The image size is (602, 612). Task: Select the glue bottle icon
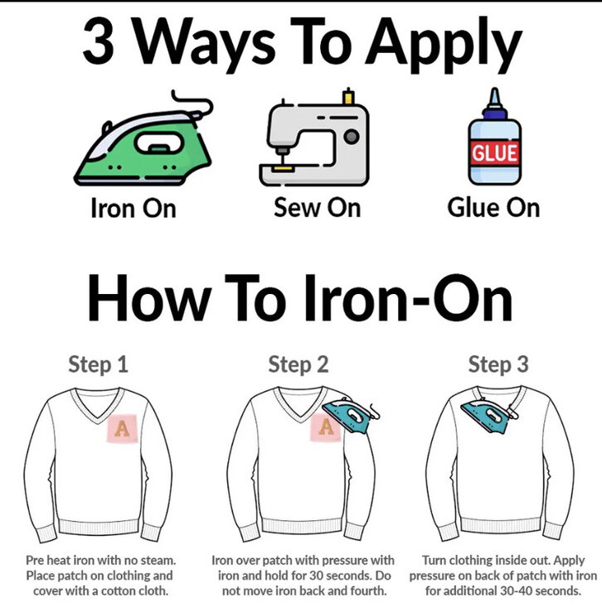point(494,137)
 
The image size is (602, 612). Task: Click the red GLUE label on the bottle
point(495,152)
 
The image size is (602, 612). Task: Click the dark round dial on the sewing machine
point(352,137)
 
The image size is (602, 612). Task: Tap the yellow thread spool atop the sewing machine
point(348,96)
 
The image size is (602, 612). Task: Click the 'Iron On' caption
point(134,208)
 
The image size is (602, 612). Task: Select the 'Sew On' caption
point(317,207)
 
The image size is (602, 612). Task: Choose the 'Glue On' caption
point(493,207)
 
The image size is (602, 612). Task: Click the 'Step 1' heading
point(98,364)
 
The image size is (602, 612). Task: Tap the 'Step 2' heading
point(299,364)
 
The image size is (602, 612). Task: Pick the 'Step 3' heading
point(498,364)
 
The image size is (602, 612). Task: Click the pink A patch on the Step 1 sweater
point(123,428)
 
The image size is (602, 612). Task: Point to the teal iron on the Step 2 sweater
point(350,416)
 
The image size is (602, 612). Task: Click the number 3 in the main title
point(98,41)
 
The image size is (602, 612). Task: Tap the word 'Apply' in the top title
point(444,45)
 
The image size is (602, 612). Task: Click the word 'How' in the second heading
point(150,297)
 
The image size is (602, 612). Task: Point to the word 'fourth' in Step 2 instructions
point(368,590)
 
